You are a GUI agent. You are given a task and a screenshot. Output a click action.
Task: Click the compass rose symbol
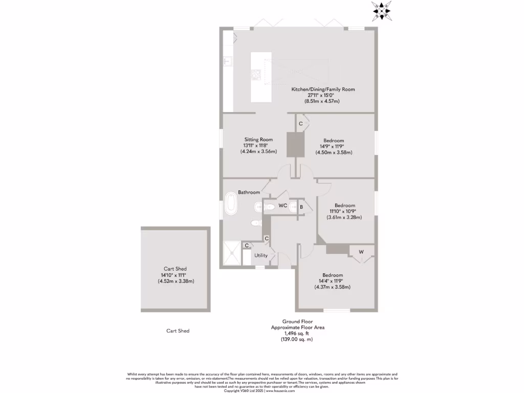382,10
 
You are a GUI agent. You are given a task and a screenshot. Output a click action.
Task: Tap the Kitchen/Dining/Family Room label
323,90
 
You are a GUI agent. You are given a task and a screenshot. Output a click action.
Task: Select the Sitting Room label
258,139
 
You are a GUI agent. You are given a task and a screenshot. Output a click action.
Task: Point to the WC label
282,206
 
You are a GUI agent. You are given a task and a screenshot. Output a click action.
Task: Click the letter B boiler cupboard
302,207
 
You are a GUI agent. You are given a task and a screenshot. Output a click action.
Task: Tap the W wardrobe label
361,252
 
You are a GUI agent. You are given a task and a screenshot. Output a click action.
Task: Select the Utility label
261,255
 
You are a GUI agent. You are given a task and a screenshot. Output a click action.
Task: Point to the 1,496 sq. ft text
297,333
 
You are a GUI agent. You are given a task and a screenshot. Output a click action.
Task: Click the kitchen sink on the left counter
228,61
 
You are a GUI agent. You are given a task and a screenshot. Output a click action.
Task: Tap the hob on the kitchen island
255,75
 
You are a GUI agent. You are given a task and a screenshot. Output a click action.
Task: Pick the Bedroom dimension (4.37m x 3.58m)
333,287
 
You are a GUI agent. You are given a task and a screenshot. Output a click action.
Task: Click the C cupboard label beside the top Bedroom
301,124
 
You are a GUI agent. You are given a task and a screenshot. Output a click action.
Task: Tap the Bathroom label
249,192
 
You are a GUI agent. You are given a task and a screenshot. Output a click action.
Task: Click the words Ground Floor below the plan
297,322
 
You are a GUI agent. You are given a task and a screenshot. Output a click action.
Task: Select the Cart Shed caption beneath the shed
178,331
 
